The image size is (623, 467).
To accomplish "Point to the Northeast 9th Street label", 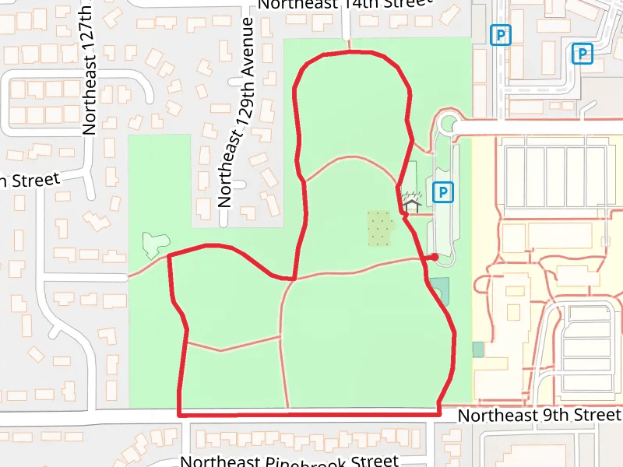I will (539, 415).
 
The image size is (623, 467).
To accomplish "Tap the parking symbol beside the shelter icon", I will (443, 191).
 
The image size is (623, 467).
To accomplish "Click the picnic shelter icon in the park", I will (411, 203).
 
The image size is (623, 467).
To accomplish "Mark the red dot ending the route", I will (434, 257).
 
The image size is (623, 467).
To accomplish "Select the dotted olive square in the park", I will (379, 226).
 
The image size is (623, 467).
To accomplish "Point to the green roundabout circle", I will (448, 124).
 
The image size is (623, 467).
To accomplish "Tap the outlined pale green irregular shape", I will (152, 244).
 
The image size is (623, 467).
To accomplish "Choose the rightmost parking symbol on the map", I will (582, 53).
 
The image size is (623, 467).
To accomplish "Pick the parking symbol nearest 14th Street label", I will (500, 34).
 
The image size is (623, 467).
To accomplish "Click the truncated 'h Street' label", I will (29, 180).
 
